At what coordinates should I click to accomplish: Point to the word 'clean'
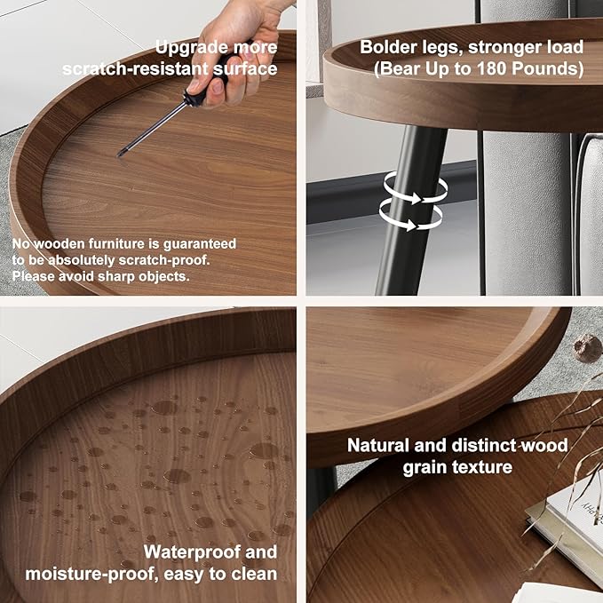(x=254, y=574)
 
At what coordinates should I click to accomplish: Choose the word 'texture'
(x=482, y=467)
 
